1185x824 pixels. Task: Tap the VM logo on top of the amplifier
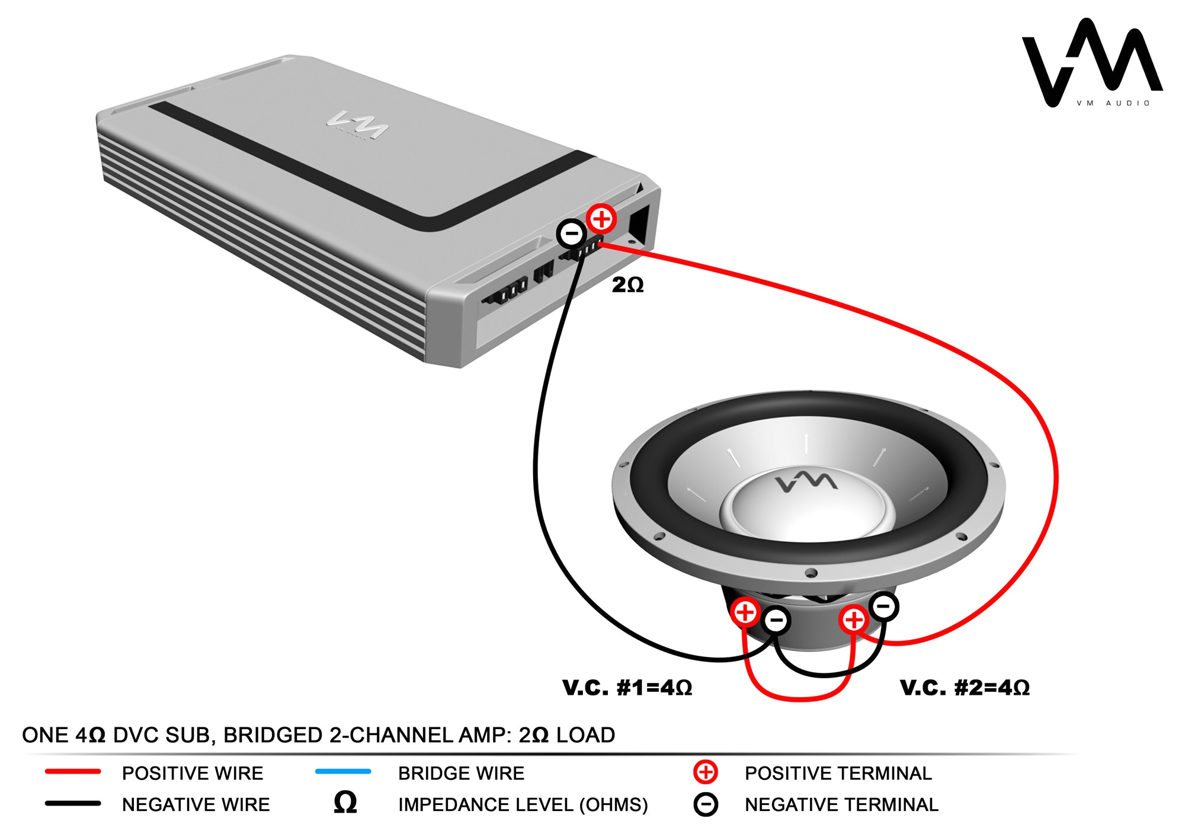click(358, 124)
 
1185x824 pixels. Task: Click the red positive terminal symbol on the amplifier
click(601, 219)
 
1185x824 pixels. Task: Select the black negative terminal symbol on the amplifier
click(572, 234)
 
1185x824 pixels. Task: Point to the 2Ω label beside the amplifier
click(627, 285)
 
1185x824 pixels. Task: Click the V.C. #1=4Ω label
click(627, 688)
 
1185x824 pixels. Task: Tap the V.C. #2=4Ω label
click(965, 688)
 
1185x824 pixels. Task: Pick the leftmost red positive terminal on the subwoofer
click(745, 612)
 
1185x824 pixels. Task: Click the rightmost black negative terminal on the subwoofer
click(883, 606)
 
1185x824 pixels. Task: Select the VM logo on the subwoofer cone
click(807, 481)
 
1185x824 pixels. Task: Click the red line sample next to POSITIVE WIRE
click(73, 772)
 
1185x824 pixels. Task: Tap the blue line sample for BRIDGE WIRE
click(343, 772)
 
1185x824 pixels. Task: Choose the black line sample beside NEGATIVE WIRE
click(73, 804)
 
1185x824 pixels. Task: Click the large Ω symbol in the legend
click(345, 803)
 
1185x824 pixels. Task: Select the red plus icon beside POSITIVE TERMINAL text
click(705, 772)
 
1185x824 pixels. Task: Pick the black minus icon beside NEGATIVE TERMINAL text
click(705, 804)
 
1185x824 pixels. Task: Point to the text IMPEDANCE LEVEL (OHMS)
click(523, 804)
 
